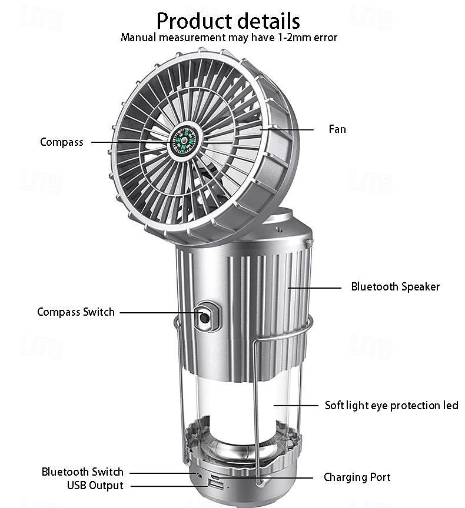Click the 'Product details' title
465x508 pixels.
[x=228, y=21]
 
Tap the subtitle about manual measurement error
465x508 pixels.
[x=229, y=38]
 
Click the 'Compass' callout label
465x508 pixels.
[x=62, y=142]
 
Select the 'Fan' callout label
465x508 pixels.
[x=337, y=129]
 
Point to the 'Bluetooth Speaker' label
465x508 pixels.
[x=396, y=287]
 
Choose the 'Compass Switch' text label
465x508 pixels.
[x=76, y=312]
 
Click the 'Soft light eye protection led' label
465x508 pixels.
[x=391, y=406]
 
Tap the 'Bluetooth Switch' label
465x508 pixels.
[x=82, y=472]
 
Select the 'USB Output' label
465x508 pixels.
[x=95, y=485]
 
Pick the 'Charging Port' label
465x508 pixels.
[x=357, y=477]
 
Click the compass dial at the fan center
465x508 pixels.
[x=184, y=141]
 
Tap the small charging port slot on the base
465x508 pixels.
[x=216, y=477]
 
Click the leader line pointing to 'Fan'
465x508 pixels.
[x=287, y=129]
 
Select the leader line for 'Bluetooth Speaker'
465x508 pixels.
[x=314, y=288]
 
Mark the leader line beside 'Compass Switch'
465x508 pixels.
[x=160, y=313]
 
